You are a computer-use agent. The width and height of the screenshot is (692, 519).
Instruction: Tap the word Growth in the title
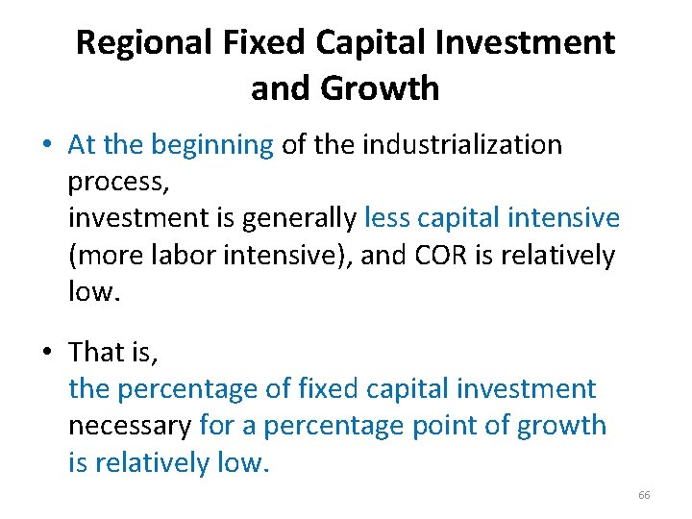(380, 89)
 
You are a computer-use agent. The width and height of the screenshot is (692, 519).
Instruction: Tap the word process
(113, 182)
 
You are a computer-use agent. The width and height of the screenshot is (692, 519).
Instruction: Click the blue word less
(385, 218)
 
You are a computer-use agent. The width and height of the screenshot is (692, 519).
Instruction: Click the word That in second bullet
(98, 353)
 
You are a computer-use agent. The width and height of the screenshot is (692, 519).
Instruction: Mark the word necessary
(130, 426)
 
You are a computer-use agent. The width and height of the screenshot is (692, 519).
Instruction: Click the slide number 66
(644, 495)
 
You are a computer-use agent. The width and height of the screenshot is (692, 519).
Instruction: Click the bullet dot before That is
(46, 354)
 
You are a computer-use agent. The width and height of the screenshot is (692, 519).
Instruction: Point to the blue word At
(82, 145)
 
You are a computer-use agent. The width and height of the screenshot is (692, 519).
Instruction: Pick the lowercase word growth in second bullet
(562, 426)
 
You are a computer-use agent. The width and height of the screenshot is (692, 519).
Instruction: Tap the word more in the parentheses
(113, 255)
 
